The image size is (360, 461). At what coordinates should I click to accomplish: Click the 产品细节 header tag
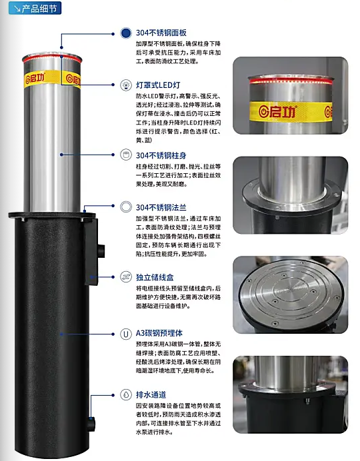coord(35,8)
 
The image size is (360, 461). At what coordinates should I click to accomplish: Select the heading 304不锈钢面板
coord(161,33)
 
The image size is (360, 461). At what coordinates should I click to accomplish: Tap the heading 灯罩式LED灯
coord(158,85)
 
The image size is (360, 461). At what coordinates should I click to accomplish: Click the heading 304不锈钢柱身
coord(161,155)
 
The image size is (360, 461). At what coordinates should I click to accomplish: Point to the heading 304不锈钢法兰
coord(161,208)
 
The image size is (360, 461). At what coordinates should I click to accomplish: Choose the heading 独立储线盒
coord(155,277)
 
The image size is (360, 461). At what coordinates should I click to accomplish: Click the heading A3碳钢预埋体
coord(159,333)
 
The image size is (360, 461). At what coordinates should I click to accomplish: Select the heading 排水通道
coord(151,394)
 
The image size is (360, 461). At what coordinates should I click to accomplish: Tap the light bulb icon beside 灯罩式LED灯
coord(126,85)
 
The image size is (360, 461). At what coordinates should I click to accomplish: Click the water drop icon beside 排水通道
coord(126,394)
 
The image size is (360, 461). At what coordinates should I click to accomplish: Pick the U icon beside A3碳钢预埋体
coord(126,334)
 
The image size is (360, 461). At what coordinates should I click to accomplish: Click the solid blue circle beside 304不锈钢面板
coord(126,33)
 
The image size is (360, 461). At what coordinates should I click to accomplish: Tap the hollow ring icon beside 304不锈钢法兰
coord(126,207)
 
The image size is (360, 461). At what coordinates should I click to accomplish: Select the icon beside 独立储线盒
coord(126,277)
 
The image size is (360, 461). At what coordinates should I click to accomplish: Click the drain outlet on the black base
coord(91,424)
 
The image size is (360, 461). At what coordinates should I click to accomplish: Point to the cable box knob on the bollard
coord(101,251)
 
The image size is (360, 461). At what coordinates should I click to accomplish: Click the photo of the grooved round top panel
coord(290,294)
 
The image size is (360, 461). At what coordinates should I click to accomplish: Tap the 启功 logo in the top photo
coord(277,111)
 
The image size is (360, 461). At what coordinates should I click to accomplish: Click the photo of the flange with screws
coord(290,195)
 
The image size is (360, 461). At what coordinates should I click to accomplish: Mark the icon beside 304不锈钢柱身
coord(126,155)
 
